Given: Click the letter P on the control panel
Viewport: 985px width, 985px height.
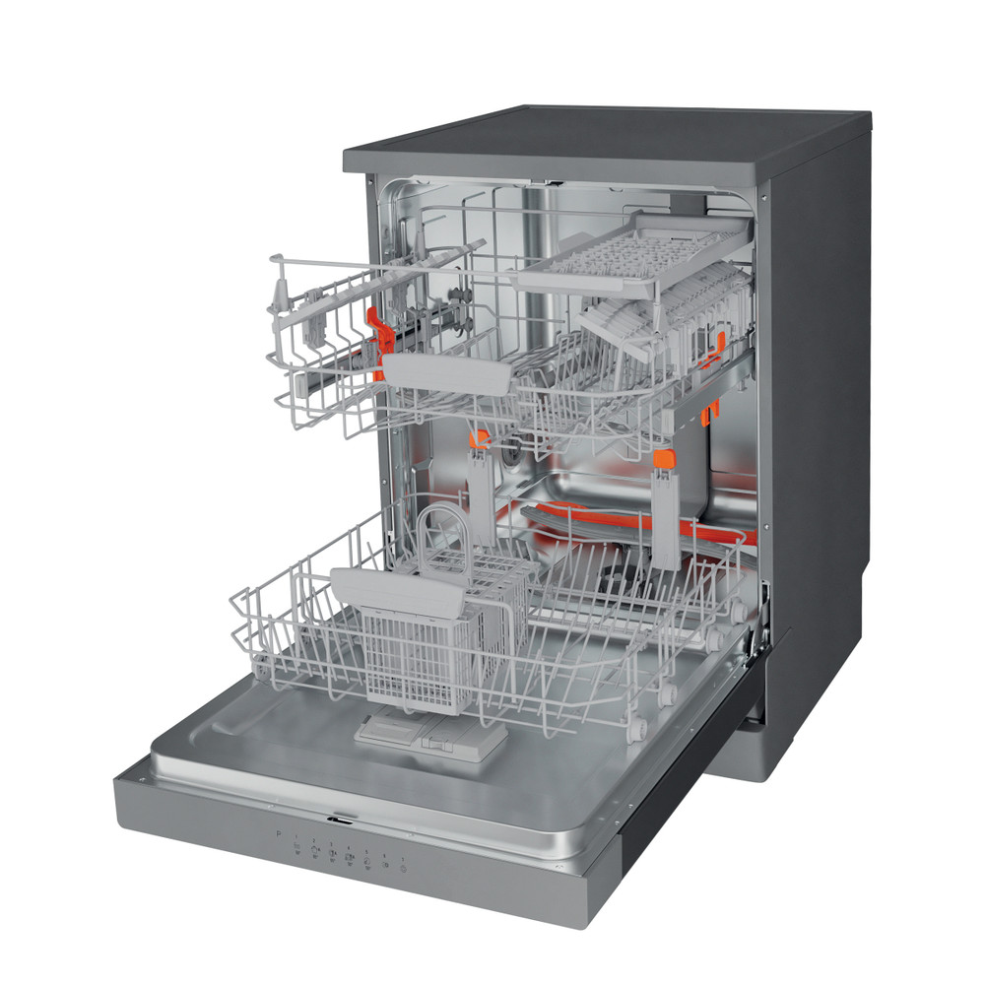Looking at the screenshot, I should (279, 834).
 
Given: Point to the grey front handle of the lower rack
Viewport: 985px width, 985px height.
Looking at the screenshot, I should (398, 592).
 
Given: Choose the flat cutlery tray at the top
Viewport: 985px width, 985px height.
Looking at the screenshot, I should (630, 254).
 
